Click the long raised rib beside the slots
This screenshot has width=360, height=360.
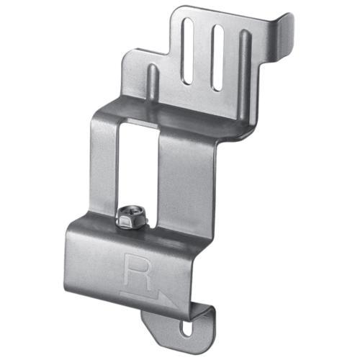tap(245, 72)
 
